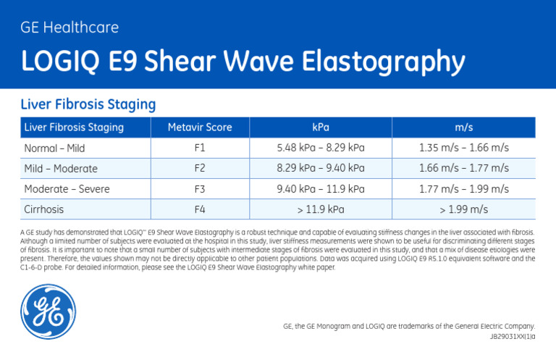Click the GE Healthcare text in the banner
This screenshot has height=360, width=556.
pyautogui.click(x=69, y=28)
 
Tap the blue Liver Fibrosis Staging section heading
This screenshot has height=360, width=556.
pyautogui.click(x=88, y=104)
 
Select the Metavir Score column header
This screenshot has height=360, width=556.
pyautogui.click(x=200, y=127)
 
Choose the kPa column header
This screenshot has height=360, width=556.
pyautogui.click(x=321, y=127)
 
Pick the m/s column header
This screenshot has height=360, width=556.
pyautogui.click(x=464, y=127)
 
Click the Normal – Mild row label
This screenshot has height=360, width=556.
pyautogui.click(x=54, y=148)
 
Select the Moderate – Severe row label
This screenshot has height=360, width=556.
pyautogui.click(x=67, y=189)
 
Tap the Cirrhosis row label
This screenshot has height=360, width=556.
pyautogui.click(x=44, y=210)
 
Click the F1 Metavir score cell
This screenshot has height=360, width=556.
pyautogui.click(x=200, y=148)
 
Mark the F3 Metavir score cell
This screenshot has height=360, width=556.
pyautogui.click(x=200, y=189)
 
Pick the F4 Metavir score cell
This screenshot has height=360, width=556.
pyautogui.click(x=200, y=210)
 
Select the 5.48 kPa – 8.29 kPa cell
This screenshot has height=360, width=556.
pyautogui.click(x=321, y=148)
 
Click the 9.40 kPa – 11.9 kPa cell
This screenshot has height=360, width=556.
pyautogui.click(x=321, y=189)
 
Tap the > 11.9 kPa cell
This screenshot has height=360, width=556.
pyautogui.click(x=321, y=210)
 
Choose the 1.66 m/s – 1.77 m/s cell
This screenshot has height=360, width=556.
pyautogui.click(x=464, y=169)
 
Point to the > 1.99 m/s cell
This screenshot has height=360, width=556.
pyautogui.click(x=464, y=210)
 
